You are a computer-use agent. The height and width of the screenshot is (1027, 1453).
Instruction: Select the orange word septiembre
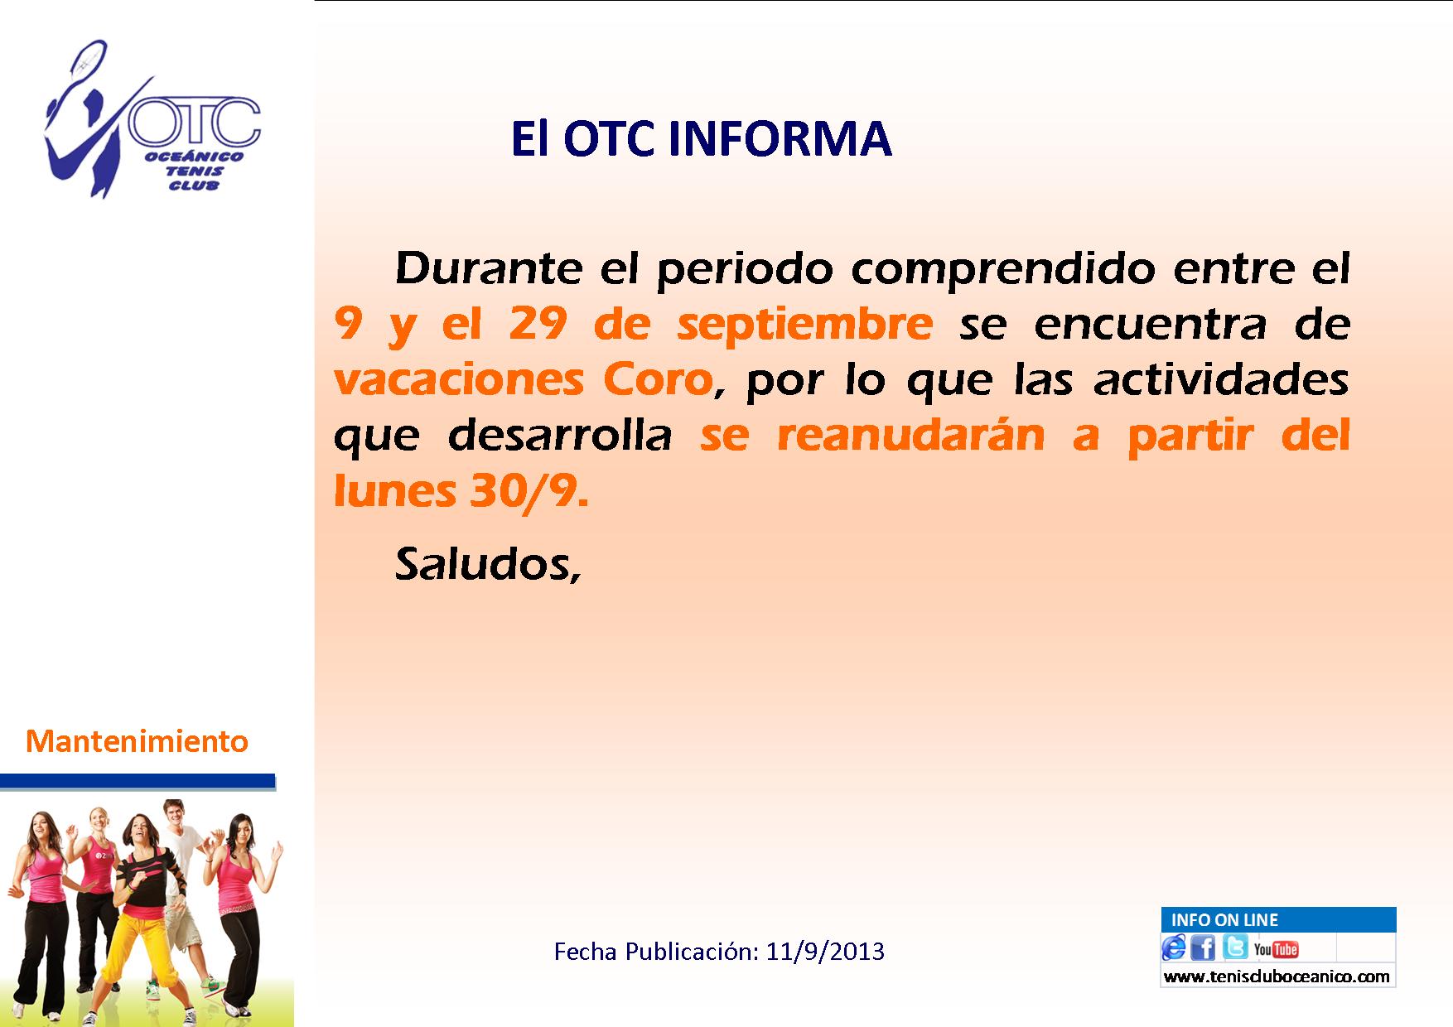804,324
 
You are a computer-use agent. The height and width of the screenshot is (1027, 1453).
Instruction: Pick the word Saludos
486,565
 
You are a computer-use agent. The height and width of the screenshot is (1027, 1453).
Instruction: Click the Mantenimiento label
138,741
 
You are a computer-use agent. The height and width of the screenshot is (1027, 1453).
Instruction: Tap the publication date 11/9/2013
825,952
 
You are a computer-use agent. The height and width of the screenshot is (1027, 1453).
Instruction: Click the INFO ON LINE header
1224,919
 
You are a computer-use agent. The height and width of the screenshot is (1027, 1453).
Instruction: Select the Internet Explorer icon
1174,947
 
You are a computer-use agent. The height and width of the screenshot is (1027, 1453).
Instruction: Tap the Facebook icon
1204,947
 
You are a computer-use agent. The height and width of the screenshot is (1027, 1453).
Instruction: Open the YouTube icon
1276,949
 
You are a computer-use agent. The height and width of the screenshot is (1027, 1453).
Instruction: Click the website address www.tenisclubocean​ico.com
1277,976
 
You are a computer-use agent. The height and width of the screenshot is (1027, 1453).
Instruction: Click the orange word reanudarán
911,436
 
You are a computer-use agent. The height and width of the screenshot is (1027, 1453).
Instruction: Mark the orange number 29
537,324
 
